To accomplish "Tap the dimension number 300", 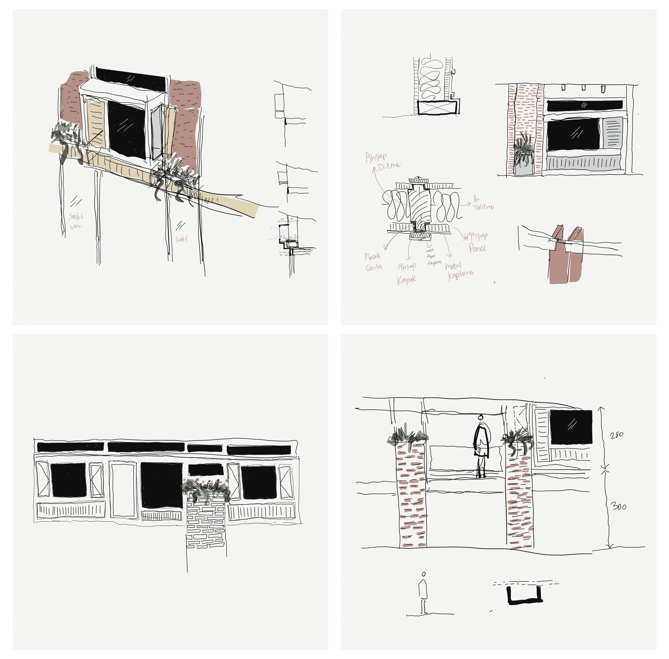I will click(x=618, y=507).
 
